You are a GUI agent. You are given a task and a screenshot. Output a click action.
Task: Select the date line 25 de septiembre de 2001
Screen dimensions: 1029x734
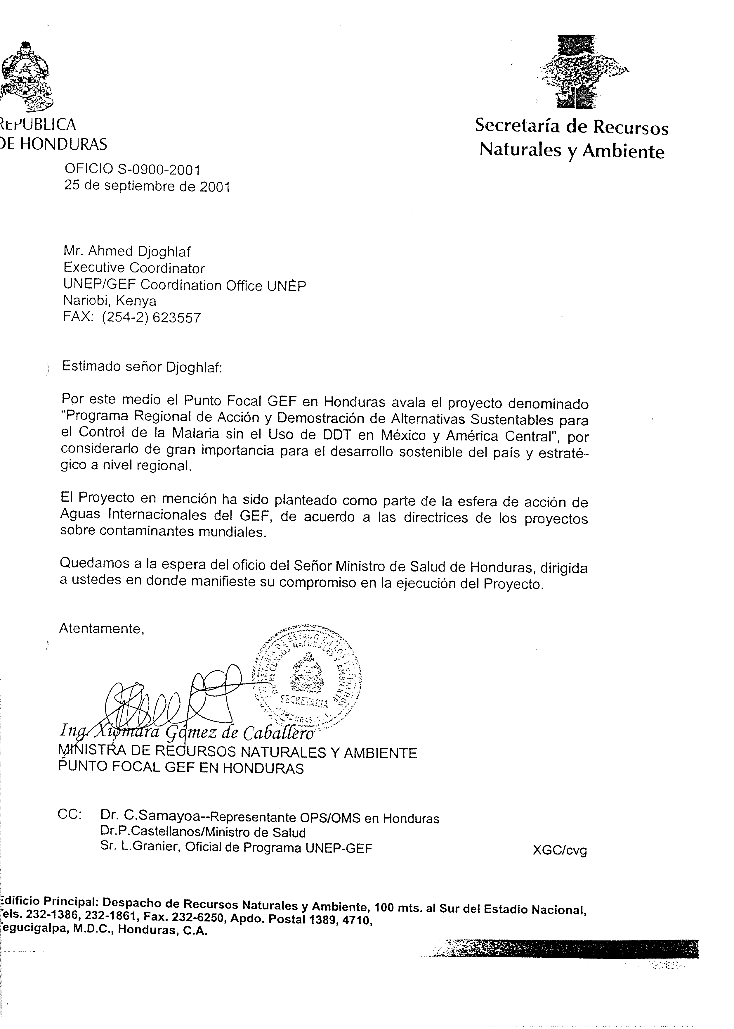point(147,186)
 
